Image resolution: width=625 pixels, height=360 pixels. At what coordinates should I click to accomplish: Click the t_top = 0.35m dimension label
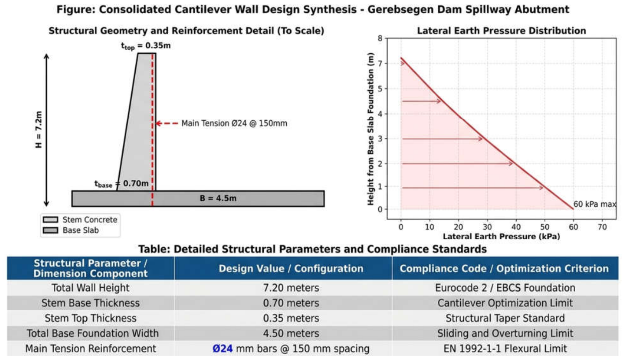146,46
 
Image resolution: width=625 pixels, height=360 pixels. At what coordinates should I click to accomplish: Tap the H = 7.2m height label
39,130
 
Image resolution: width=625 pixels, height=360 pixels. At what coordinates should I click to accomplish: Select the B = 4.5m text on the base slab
218,198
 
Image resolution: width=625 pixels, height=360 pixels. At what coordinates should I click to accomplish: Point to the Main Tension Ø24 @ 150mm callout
234,123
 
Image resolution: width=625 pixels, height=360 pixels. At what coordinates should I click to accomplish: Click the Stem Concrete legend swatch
51,219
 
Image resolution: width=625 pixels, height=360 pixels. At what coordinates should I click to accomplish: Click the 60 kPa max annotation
595,204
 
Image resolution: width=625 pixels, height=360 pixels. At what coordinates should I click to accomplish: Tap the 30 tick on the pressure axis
487,227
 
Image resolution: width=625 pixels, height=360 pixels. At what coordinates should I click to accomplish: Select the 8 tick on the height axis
380,38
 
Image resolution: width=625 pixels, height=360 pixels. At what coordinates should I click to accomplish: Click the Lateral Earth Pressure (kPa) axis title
501,236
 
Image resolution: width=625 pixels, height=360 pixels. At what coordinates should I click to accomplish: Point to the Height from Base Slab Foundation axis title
370,129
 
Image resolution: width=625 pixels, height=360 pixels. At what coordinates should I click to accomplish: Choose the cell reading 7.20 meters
291,288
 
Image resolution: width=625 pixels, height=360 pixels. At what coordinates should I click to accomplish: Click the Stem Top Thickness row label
90,318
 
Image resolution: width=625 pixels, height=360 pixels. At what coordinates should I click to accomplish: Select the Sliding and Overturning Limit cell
505,333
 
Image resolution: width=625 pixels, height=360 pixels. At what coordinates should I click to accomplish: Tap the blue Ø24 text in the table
222,349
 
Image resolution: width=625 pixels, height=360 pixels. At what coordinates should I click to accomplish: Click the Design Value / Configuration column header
291,268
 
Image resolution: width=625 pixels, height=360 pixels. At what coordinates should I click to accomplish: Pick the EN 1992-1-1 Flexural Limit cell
505,349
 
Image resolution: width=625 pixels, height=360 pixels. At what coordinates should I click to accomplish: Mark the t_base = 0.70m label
122,184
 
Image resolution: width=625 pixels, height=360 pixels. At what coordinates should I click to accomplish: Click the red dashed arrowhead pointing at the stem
159,123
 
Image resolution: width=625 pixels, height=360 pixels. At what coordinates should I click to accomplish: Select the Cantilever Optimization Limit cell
505,303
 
